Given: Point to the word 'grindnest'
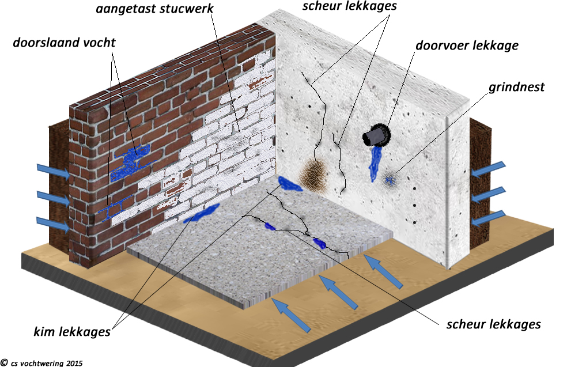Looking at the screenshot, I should click(516, 88).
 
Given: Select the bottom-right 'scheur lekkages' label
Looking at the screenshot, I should click(493, 324).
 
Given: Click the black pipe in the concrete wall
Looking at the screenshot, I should click(375, 136).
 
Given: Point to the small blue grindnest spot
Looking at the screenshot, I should click(391, 180).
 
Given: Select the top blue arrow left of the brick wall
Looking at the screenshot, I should click(52, 169).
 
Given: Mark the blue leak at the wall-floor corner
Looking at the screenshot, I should click(290, 184).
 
